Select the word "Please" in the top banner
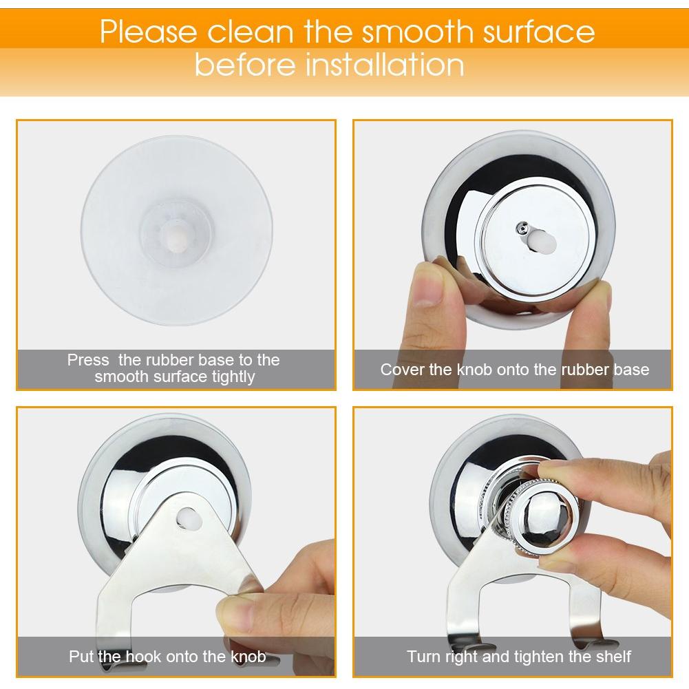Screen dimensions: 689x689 tap(149, 32)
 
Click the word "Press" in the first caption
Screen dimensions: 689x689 tap(88, 360)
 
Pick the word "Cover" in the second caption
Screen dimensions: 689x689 tap(402, 370)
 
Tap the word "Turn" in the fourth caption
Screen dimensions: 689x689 tap(423, 656)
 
